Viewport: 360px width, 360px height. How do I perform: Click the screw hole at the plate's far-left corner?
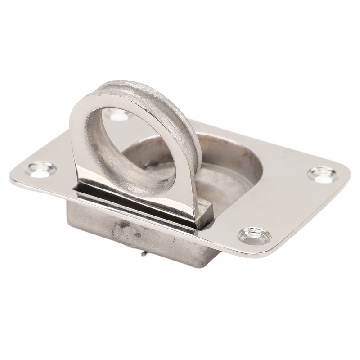41,170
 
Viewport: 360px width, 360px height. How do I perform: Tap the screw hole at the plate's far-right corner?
323,175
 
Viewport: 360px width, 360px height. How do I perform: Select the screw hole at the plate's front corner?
254,235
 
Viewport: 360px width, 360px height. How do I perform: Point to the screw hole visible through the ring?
118,116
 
